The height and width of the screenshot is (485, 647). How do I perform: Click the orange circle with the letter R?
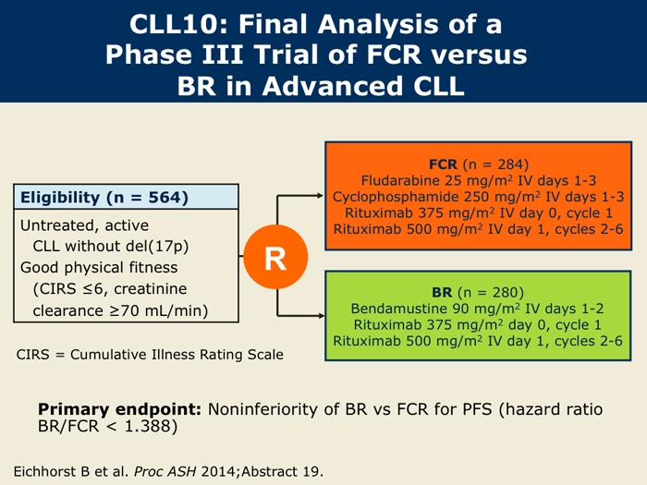pyautogui.click(x=275, y=257)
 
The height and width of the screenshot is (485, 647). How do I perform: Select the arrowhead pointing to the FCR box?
pyautogui.click(x=320, y=196)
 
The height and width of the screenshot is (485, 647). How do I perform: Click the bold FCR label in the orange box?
pyautogui.click(x=443, y=164)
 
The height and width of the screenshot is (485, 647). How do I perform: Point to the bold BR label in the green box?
pyautogui.click(x=442, y=293)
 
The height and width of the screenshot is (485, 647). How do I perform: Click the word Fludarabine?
pyautogui.click(x=400, y=181)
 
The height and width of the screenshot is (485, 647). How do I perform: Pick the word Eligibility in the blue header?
pyautogui.click(x=60, y=198)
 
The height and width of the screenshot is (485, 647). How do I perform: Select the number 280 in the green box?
pyautogui.click(x=506, y=293)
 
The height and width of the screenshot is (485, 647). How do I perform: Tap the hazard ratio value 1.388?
pyautogui.click(x=147, y=426)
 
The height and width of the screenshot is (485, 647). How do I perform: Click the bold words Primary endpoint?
pyautogui.click(x=119, y=409)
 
